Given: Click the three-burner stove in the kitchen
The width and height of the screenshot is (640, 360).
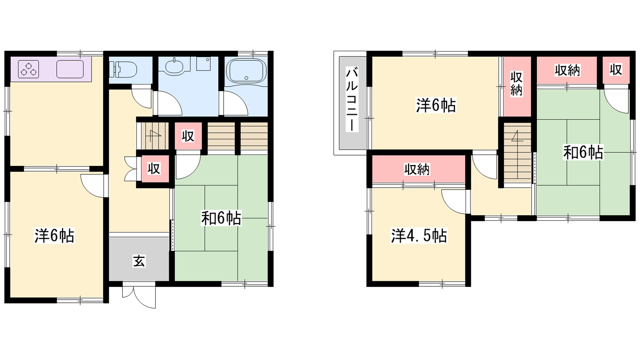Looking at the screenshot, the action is pos(28,69).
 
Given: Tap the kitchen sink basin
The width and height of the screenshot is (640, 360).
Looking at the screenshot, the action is pos(70,69).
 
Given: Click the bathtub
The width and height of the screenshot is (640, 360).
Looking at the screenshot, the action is pos(246,71).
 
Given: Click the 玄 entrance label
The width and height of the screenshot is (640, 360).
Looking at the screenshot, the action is pos(139,261).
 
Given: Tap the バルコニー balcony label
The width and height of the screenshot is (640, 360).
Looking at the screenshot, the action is pos(352,99).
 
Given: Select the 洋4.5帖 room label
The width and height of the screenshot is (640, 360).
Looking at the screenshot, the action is pos(419,236).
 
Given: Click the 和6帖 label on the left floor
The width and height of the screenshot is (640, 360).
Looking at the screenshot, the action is pos(221,218).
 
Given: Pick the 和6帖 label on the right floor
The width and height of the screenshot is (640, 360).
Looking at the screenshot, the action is pos(583,152).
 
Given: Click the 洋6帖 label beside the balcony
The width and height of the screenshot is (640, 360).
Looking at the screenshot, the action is pos(436,105).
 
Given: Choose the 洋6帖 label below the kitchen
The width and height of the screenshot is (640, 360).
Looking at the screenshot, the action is pos(54,236).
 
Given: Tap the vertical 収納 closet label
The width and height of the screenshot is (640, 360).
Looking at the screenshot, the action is pos(516,84).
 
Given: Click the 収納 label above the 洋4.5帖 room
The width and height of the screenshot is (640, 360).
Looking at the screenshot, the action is pos(417,170).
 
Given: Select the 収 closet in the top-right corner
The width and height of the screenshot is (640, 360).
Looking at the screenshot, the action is pos(616,70).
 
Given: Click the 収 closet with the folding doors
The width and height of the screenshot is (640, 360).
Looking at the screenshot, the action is pos(154,168).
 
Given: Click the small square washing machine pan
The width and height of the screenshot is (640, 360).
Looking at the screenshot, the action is pos(204,64).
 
